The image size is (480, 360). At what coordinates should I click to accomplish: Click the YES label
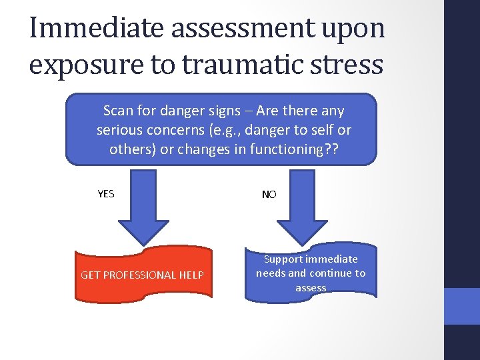[106, 194]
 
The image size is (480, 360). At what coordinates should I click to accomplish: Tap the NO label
[269, 195]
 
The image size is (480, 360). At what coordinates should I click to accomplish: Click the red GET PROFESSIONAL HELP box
[143, 274]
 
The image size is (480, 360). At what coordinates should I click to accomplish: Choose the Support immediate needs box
[311, 273]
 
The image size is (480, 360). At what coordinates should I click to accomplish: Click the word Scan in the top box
[118, 111]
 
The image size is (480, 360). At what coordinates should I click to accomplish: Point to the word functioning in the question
[284, 149]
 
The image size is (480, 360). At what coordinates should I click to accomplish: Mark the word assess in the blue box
[311, 288]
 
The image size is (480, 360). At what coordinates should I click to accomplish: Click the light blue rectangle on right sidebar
[461, 306]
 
